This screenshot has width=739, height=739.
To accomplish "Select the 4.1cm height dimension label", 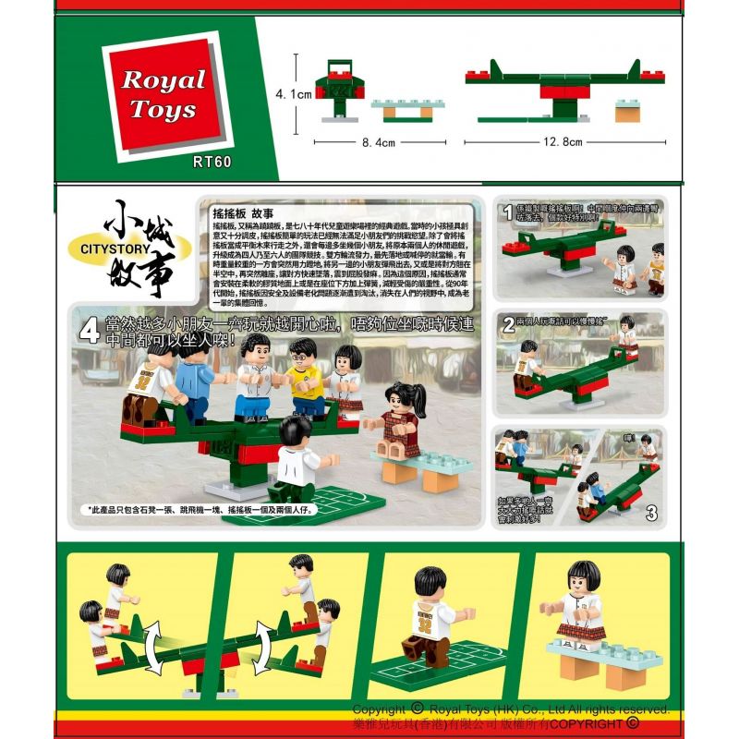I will [x=294, y=95].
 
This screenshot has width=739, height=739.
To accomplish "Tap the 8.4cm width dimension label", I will [x=379, y=143].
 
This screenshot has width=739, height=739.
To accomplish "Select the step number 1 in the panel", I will [x=507, y=212].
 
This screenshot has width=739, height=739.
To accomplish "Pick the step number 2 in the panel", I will [x=508, y=324].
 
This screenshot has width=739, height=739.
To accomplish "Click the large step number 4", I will [x=91, y=332].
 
